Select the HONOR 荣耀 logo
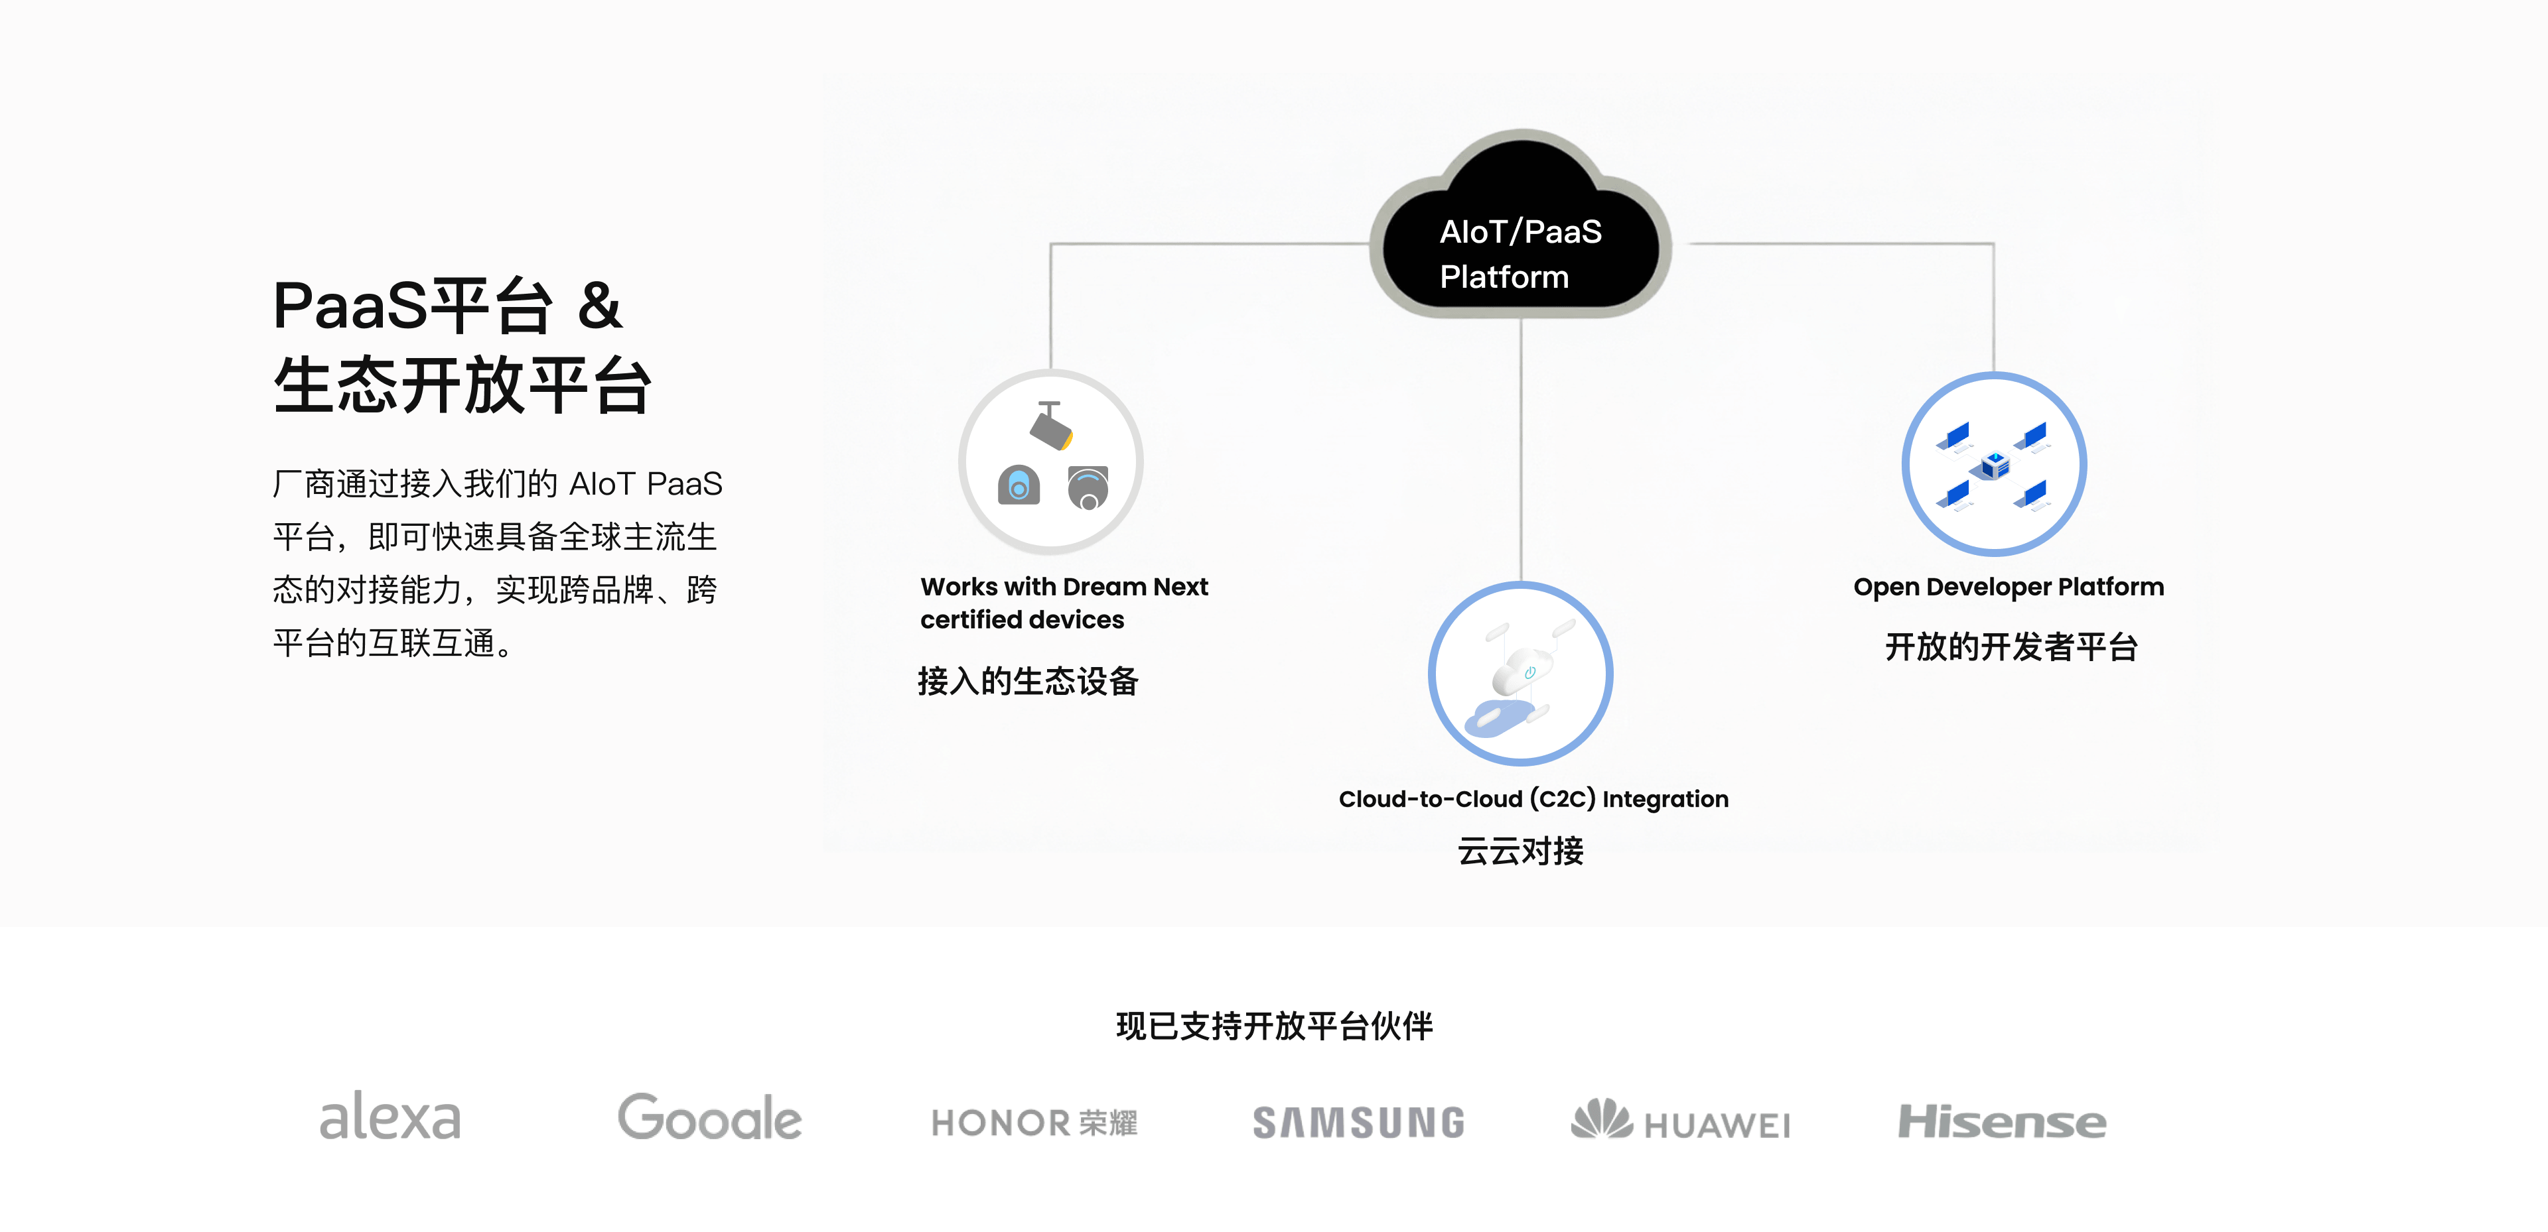point(1034,1122)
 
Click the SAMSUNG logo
point(1358,1122)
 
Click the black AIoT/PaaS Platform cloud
point(1520,237)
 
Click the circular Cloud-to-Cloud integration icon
point(1520,673)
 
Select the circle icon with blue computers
point(1994,463)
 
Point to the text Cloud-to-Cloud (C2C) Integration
point(1533,799)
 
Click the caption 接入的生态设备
point(1028,681)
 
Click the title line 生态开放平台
point(462,386)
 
